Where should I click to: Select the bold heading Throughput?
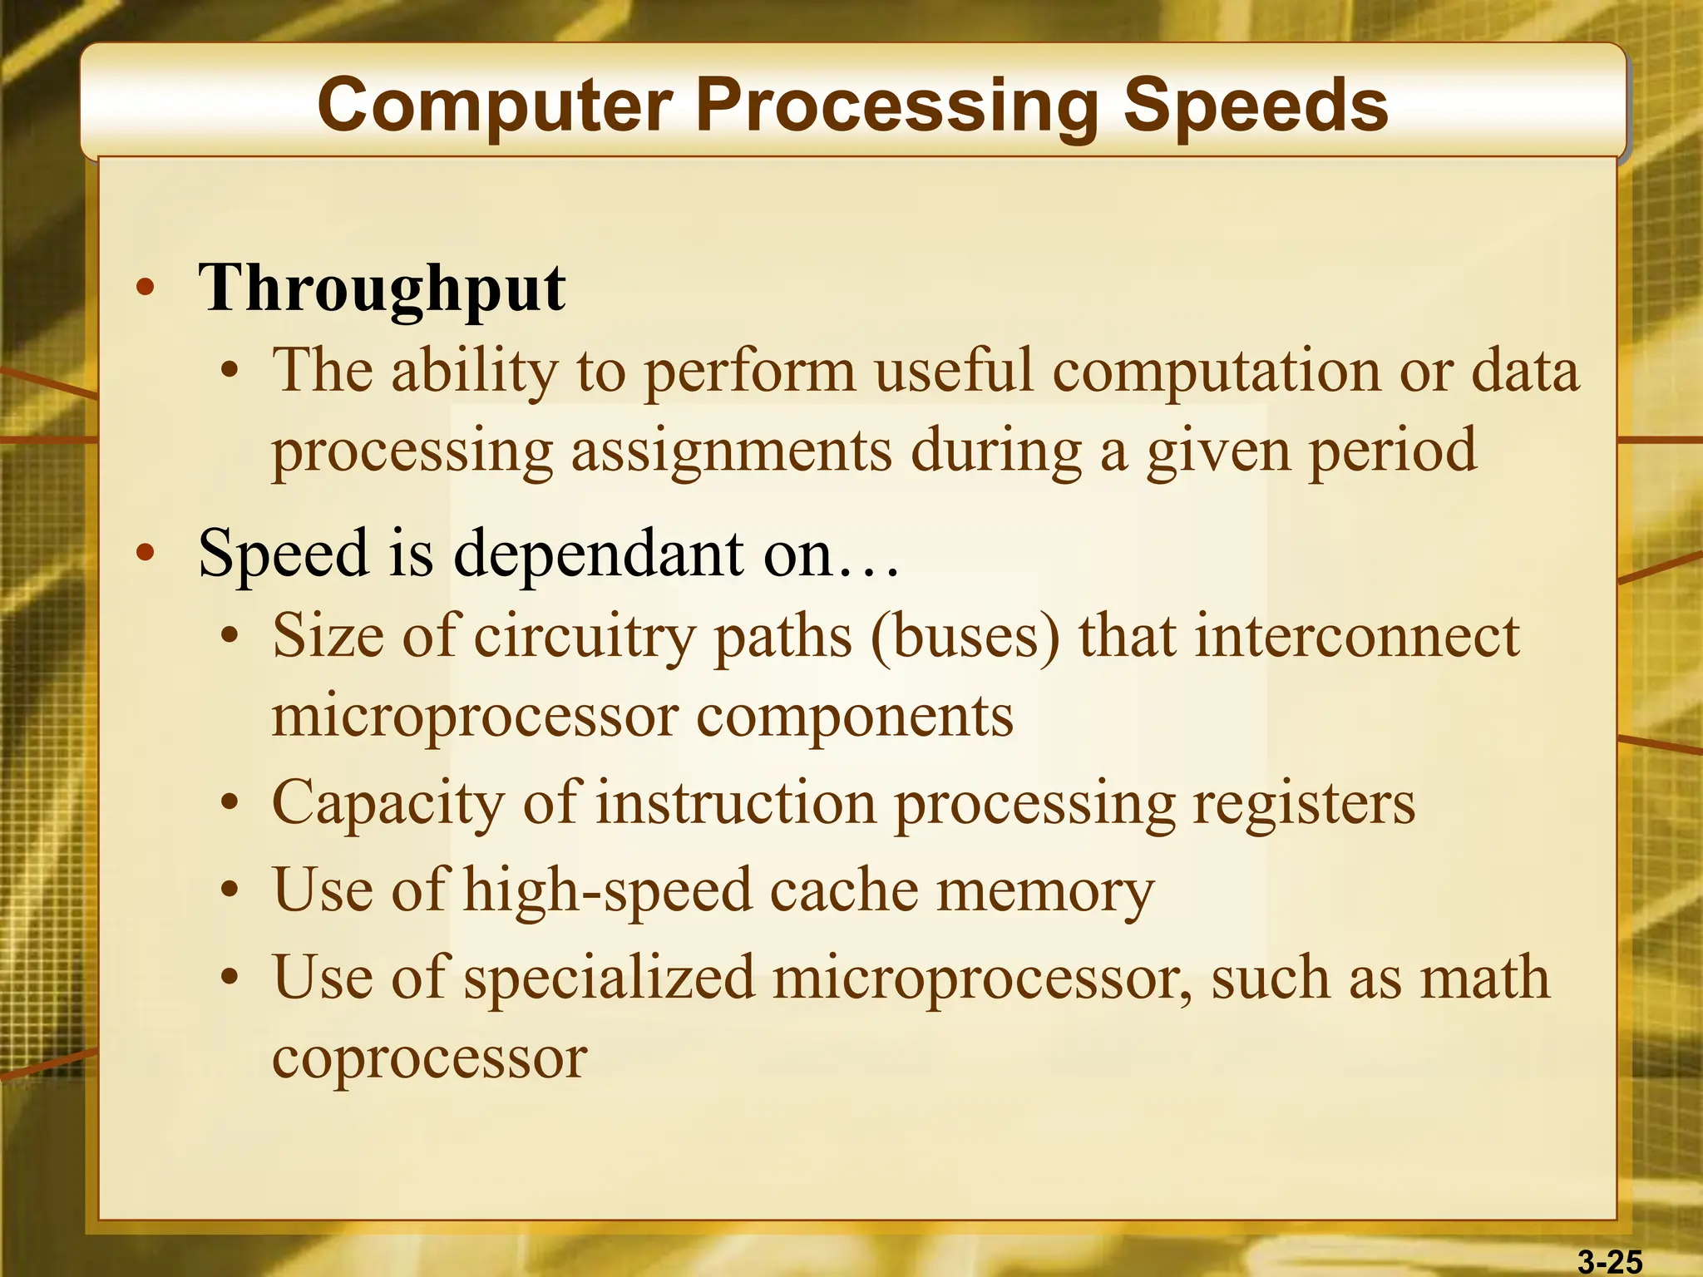tap(382, 288)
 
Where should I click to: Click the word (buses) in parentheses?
tap(965, 637)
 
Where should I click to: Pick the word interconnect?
tap(1357, 637)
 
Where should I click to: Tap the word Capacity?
tap(388, 805)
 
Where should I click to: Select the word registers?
tap(1303, 805)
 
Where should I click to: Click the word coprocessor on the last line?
tap(430, 1060)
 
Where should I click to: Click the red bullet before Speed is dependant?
tap(146, 553)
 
